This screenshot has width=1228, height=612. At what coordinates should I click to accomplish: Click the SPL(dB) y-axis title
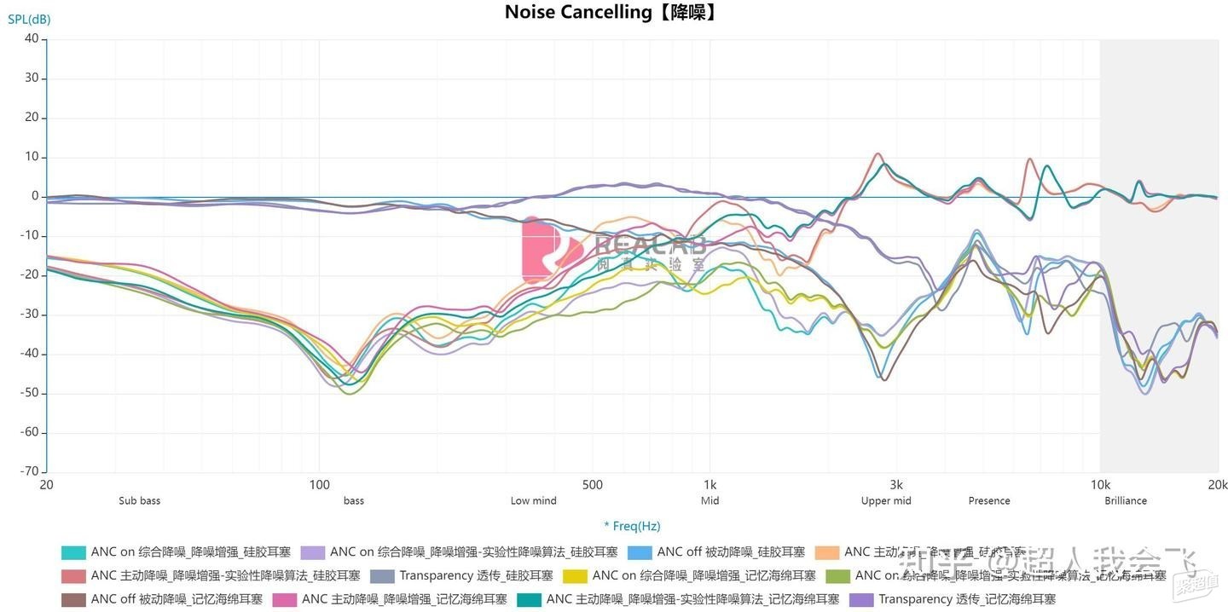[x=29, y=19]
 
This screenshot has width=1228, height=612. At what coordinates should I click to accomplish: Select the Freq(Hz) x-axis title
[x=632, y=526]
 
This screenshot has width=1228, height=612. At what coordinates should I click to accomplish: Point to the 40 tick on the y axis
[x=32, y=38]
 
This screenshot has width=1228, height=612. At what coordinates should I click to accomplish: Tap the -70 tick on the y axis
[x=29, y=471]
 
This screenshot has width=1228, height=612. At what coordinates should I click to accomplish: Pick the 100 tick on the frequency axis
[x=319, y=485]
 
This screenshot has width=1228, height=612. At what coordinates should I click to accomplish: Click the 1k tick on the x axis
[x=710, y=485]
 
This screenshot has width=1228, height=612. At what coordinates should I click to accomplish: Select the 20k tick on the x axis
[x=1218, y=485]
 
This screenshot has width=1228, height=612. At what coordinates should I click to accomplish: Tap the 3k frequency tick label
[x=896, y=485]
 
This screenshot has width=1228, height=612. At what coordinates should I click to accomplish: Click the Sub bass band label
[x=139, y=501]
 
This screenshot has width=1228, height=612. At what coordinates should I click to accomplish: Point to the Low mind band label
[x=533, y=501]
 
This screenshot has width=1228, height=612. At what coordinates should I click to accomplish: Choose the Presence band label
[x=989, y=501]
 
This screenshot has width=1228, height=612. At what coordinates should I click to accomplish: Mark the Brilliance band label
[x=1126, y=501]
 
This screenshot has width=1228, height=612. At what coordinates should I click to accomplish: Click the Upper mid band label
[x=886, y=501]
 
